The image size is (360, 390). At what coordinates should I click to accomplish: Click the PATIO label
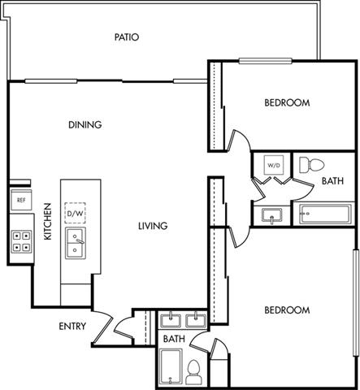(127, 37)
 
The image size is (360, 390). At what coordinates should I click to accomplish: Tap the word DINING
(85, 124)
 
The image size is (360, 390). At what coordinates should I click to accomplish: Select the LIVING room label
(152, 226)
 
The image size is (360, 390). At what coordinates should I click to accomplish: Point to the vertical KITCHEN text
(48, 222)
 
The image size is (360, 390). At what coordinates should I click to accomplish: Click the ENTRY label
(74, 327)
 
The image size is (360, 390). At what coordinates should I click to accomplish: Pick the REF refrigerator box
(20, 200)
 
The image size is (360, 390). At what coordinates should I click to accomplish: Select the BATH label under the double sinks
(173, 338)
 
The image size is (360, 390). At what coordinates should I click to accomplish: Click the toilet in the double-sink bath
(193, 373)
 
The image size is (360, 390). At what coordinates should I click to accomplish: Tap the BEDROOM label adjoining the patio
(287, 103)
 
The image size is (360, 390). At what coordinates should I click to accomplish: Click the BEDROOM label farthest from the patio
(287, 310)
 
